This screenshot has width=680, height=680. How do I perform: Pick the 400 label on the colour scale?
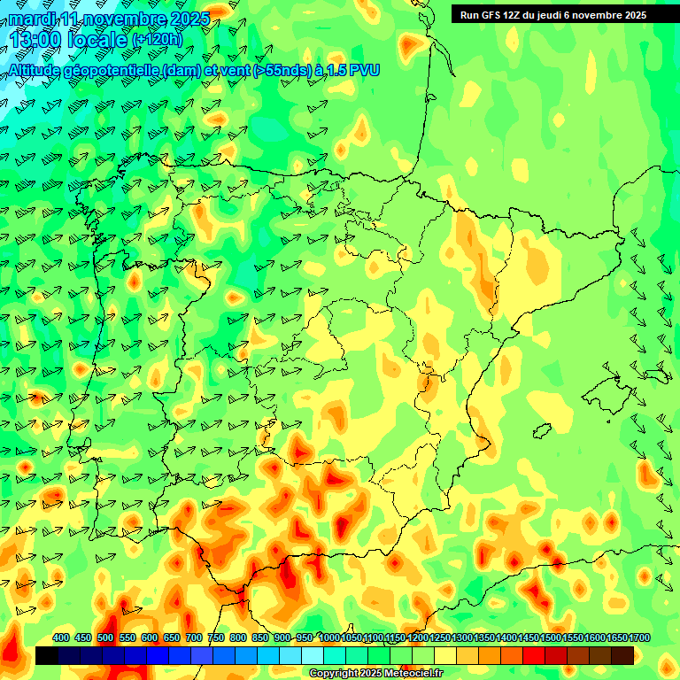coord(61,637)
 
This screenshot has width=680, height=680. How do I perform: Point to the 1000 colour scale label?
coord(329,637)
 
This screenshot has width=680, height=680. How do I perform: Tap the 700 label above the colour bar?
coord(194,637)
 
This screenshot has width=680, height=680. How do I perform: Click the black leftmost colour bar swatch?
coord(47,655)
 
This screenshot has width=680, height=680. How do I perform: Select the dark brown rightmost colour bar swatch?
coord(622,655)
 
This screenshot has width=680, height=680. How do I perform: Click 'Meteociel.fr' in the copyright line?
coord(411,674)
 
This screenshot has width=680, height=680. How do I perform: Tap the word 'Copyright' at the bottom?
coord(334,674)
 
